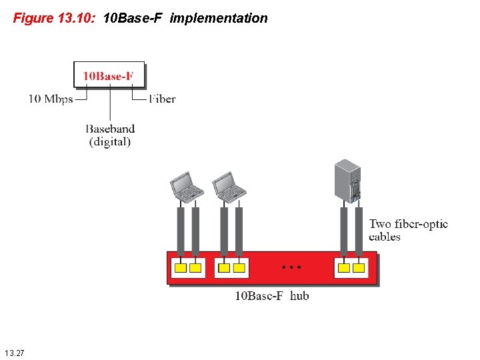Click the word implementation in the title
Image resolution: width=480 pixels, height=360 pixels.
(x=219, y=19)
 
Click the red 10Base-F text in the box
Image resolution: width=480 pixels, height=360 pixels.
(x=108, y=76)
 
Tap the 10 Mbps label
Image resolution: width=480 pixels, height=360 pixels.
(x=50, y=99)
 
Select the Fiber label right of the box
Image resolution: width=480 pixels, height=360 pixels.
(x=162, y=99)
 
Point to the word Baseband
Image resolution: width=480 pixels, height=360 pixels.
(x=110, y=129)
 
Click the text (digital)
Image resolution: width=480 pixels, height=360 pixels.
(x=110, y=141)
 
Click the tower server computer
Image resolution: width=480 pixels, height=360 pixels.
(x=348, y=181)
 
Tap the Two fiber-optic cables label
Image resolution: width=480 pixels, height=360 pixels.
(x=408, y=230)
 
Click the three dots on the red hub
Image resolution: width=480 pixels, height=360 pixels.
(x=291, y=267)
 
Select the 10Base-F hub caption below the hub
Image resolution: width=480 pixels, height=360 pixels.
(x=271, y=295)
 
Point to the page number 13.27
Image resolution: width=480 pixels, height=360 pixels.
(x=14, y=352)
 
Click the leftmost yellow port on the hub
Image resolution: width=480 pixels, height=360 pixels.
(x=180, y=268)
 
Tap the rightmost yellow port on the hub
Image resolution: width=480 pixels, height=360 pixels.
(x=359, y=268)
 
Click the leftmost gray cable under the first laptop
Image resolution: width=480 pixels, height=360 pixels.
(x=180, y=230)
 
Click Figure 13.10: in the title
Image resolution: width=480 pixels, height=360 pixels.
(x=55, y=19)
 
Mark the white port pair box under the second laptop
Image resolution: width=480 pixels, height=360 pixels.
(x=232, y=268)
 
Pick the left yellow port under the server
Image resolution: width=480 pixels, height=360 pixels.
(x=343, y=268)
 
